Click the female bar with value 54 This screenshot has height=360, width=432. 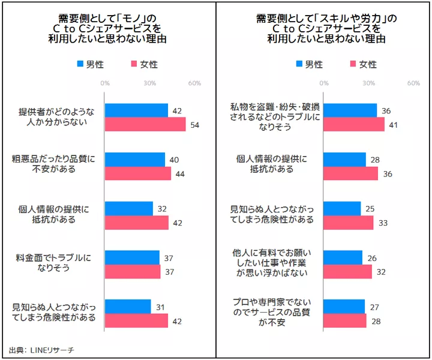(145, 124)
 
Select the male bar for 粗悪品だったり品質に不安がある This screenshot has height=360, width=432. (135, 159)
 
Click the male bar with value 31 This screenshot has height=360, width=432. (128, 307)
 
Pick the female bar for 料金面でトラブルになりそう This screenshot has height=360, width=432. (133, 272)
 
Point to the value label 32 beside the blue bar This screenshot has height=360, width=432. (161, 208)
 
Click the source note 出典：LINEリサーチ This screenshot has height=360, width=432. (41, 349)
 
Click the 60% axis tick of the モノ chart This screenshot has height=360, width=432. (194, 83)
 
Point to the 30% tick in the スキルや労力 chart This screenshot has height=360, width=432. (368, 83)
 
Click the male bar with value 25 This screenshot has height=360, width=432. (343, 208)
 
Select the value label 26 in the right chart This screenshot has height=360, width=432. (373, 257)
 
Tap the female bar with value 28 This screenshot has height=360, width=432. (345, 321)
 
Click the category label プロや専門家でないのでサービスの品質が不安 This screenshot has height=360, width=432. (273, 311)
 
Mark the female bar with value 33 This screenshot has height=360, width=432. (349, 223)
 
